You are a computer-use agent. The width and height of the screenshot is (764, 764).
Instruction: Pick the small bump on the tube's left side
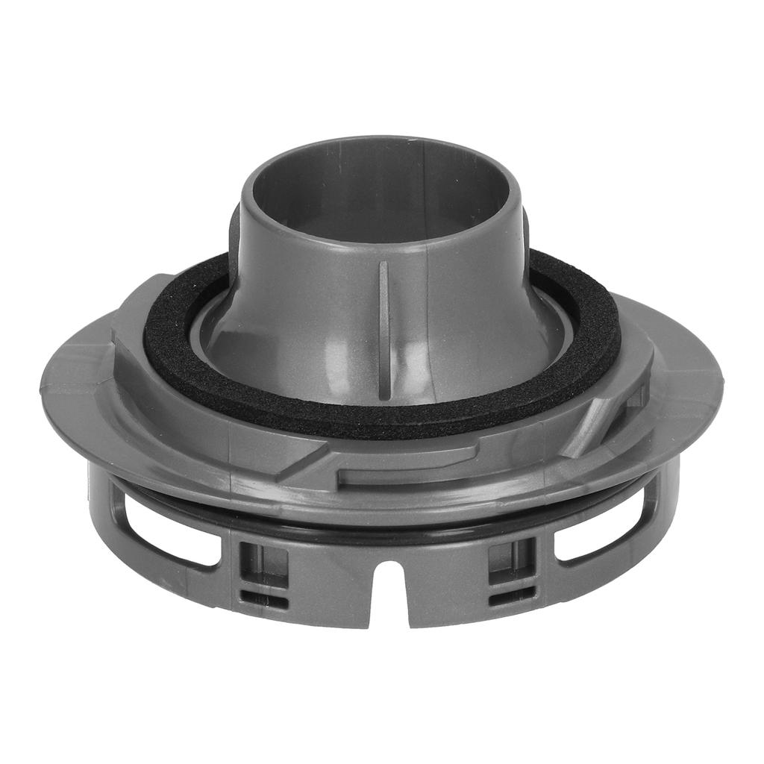coord(234,224)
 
